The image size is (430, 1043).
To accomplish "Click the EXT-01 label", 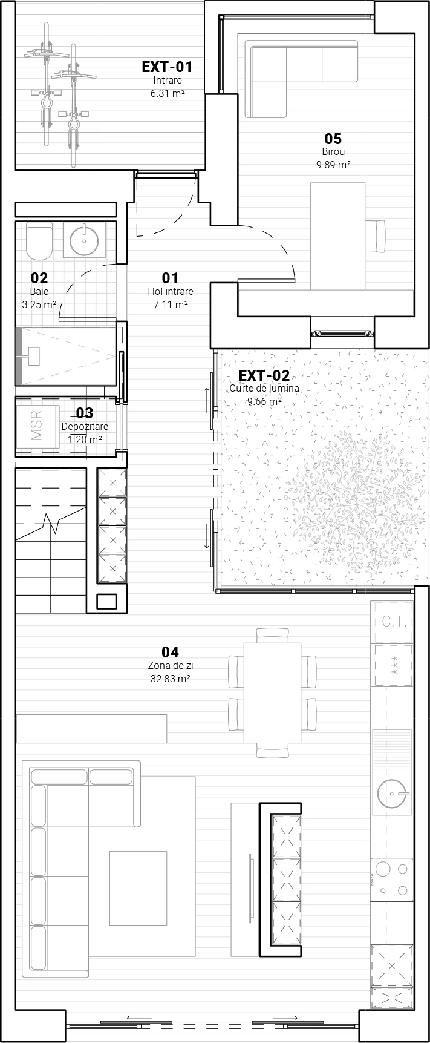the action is pyautogui.click(x=167, y=67).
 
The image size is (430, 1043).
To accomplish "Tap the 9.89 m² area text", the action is pyautogui.click(x=333, y=165).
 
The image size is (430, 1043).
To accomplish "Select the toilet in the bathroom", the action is pyautogui.click(x=40, y=239).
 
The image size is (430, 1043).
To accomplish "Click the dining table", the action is pyautogui.click(x=272, y=693).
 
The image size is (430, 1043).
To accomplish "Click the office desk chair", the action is pyautogui.click(x=376, y=237).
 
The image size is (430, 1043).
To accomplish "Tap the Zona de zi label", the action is pyautogui.click(x=171, y=666).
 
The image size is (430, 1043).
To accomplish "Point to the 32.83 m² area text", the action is pyautogui.click(x=171, y=679).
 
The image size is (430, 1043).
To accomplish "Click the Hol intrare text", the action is pyautogui.click(x=171, y=292).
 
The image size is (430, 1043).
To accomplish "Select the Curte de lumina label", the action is pyautogui.click(x=264, y=389).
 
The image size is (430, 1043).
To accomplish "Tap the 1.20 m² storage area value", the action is pyautogui.click(x=85, y=439).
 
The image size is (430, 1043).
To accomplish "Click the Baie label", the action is pyautogui.click(x=39, y=292).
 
